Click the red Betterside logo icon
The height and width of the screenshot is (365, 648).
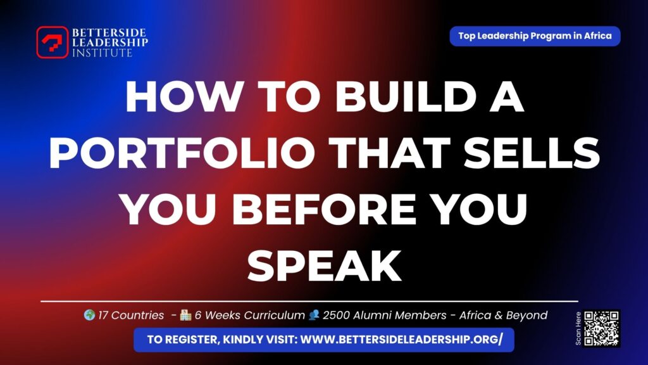pos(52,42)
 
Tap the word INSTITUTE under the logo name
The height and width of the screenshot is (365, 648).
pos(102,53)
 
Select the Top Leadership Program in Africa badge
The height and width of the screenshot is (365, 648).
pos(535,36)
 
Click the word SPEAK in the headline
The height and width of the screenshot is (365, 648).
pos(324,265)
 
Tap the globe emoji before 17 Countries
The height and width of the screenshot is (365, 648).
pos(90,315)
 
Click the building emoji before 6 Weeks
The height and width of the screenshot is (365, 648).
pos(185,315)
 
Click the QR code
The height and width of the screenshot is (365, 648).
pos(602,328)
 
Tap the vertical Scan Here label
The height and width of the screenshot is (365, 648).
pos(578,328)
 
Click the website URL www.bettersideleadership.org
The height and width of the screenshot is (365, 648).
pos(401,340)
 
